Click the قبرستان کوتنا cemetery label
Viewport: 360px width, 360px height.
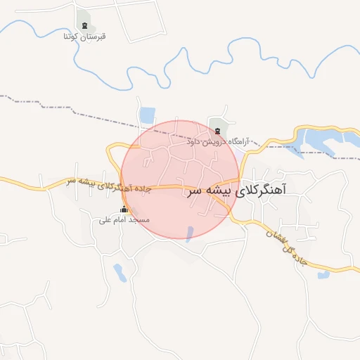click(85, 34)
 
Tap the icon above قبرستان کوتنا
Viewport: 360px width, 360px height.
click(85, 25)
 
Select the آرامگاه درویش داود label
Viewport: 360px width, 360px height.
click(218, 141)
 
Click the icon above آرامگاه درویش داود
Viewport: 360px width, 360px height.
click(217, 131)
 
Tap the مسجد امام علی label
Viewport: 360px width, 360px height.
click(124, 219)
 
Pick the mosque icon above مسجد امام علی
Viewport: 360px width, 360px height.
click(124, 210)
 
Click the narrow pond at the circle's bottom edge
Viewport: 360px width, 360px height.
click(188, 233)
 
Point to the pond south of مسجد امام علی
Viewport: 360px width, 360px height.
click(120, 274)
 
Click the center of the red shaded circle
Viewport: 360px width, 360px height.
click(180, 180)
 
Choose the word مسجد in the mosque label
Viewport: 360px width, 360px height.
click(139, 219)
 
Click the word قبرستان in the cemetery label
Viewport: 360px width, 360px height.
click(96, 34)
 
